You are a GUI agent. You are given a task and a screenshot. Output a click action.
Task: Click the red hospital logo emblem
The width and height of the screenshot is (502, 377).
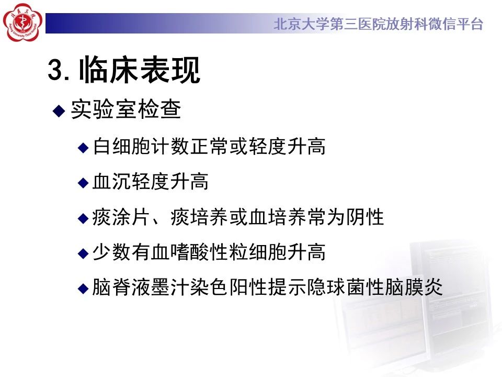(x=22, y=22)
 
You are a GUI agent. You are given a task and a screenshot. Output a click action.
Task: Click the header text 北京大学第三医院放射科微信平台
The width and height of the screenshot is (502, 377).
(x=378, y=24)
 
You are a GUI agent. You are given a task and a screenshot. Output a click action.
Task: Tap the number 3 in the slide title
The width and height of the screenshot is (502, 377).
(x=55, y=70)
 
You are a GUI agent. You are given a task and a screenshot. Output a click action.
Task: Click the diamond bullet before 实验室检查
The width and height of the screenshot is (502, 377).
(x=59, y=110)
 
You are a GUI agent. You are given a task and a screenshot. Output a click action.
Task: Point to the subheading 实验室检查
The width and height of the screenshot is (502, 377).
(x=126, y=109)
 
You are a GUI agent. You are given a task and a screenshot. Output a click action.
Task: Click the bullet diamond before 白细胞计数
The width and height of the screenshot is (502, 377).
(x=83, y=148)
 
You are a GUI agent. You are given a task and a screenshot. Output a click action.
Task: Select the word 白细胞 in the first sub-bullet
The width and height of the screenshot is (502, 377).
(x=122, y=146)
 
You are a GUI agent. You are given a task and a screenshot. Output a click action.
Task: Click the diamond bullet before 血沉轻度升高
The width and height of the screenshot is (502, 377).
(x=83, y=183)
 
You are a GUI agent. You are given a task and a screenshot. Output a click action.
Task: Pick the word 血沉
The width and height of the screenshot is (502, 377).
(x=111, y=182)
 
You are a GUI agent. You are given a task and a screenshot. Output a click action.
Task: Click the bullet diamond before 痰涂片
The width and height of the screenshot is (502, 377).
(x=83, y=218)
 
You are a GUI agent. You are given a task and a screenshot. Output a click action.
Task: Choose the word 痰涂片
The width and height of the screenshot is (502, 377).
(x=121, y=217)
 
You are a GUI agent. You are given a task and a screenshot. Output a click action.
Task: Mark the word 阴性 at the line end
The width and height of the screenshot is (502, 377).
(x=364, y=217)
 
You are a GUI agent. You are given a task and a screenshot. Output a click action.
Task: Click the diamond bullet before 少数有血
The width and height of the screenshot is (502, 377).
(x=83, y=253)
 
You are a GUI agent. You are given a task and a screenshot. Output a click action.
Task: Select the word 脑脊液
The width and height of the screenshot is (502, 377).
(x=121, y=287)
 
